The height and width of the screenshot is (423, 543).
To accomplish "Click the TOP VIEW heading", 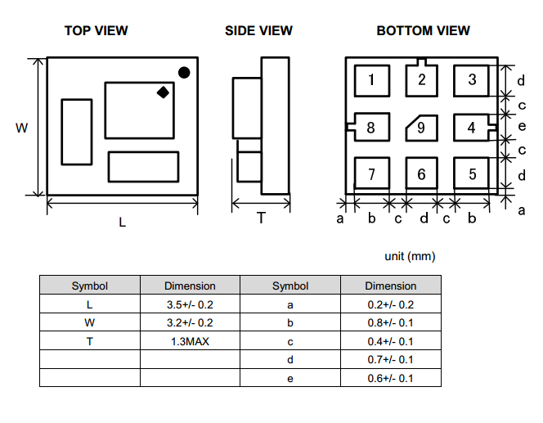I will pos(96,31).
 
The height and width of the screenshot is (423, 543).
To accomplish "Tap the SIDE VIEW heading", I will pos(258,31).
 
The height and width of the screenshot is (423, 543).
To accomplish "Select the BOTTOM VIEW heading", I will pos(423,31).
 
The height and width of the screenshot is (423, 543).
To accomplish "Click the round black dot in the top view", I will pos(184,73).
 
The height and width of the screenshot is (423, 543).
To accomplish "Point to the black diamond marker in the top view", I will pos(163,92).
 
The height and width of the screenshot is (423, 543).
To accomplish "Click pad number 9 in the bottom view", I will pos(421,128).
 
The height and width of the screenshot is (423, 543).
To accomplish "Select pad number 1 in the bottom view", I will pos(371,79).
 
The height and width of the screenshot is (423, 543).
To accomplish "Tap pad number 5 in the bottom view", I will pos(472,174).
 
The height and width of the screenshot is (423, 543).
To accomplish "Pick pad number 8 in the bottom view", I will pos(370,128).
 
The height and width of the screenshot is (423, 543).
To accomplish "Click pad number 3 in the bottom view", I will pos(472,79).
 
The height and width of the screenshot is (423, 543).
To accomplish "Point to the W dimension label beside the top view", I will pos(21,128).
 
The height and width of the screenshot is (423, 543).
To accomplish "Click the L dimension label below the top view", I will pos(123,222).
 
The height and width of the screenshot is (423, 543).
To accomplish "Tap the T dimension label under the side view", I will pos(261,218).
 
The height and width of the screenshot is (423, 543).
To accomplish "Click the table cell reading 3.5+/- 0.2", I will pos(190,304).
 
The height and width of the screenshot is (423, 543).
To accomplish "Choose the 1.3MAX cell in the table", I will pos(190,341).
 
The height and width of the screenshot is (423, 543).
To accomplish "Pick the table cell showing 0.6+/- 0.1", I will pos(390,378).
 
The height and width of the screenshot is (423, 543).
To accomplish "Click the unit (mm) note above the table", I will pos(410,256).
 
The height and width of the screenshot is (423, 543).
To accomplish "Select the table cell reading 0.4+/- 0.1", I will pos(390,341).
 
